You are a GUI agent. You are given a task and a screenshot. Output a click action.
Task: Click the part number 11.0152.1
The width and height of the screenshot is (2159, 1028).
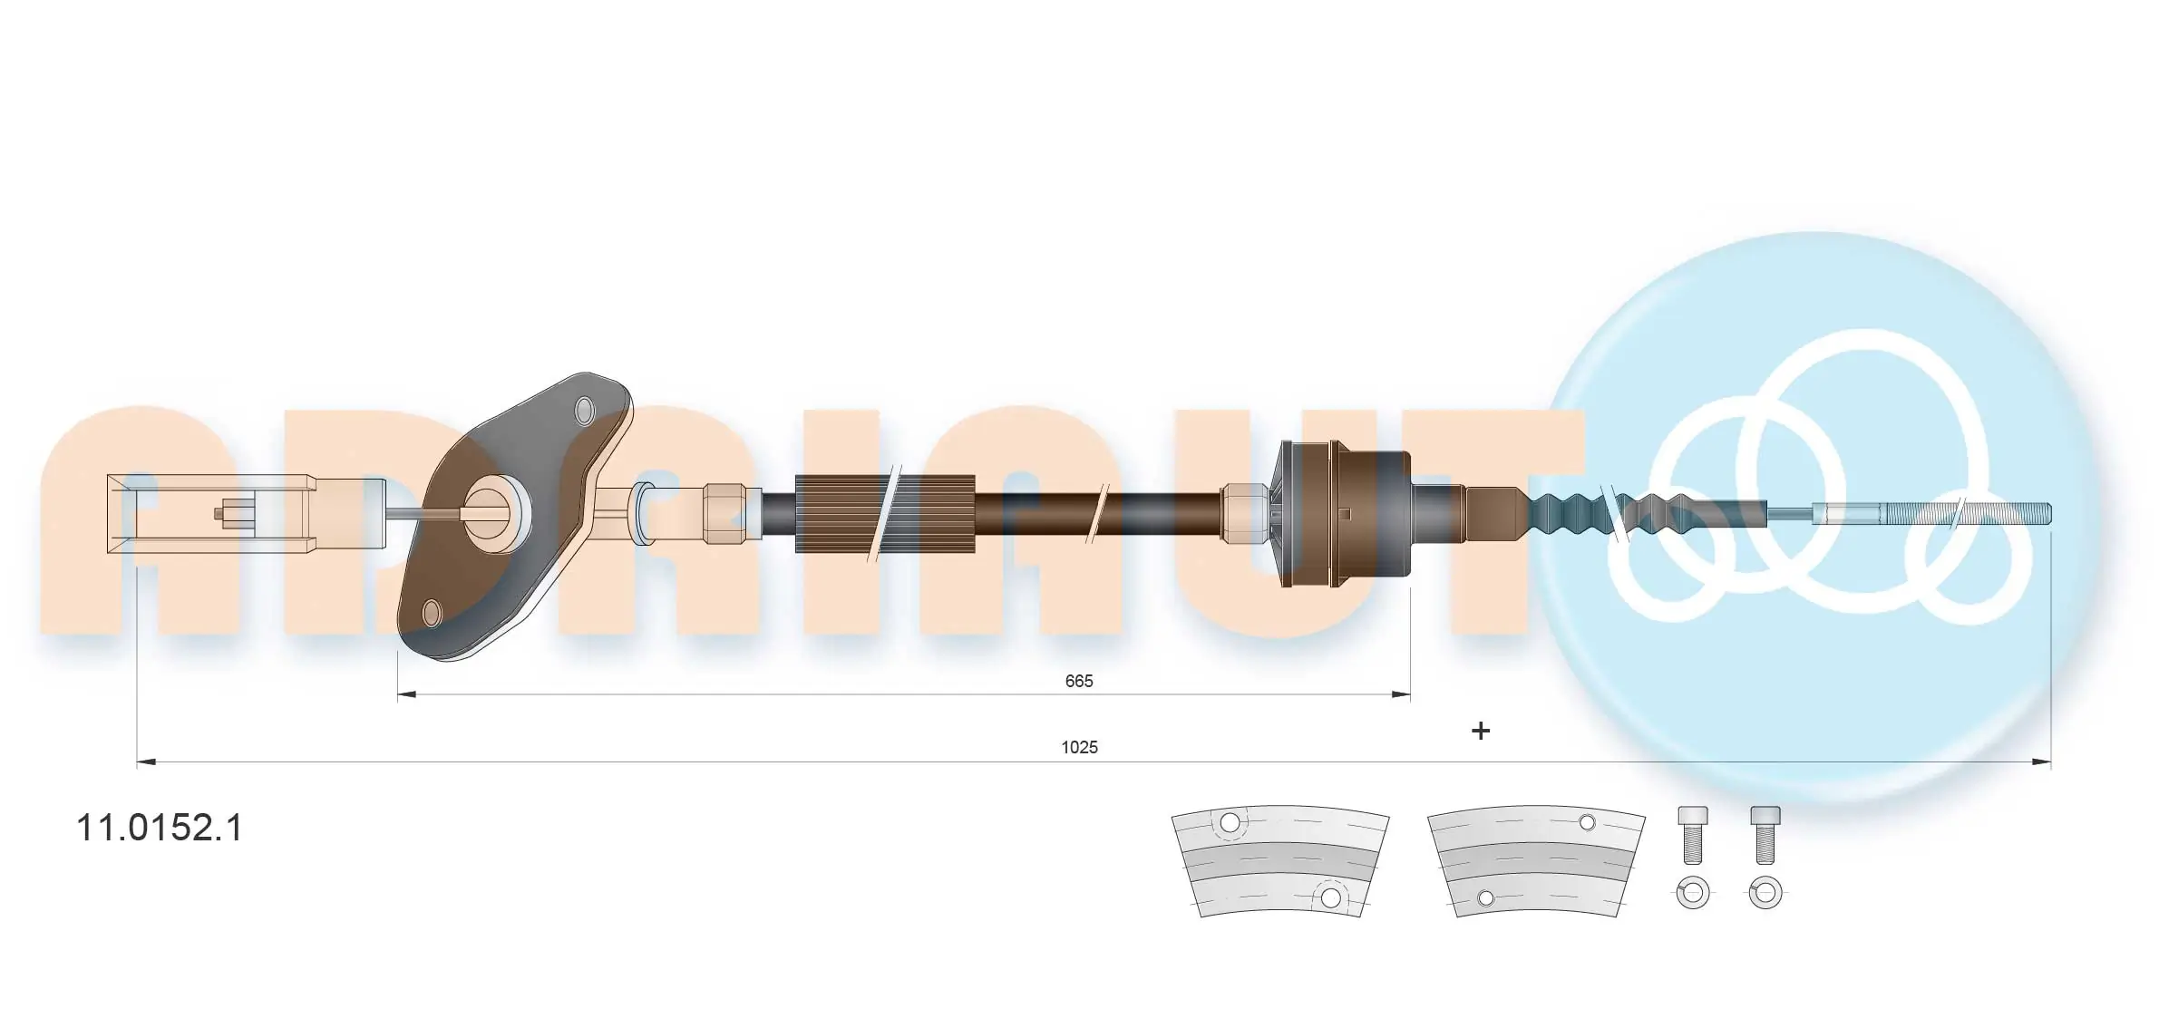(160, 828)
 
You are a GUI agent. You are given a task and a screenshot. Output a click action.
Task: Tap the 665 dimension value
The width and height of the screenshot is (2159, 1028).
(1079, 681)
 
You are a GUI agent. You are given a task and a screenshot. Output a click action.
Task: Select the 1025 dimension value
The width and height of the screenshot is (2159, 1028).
(1079, 747)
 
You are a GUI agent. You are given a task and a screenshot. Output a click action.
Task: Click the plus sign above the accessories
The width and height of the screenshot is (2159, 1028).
(1481, 731)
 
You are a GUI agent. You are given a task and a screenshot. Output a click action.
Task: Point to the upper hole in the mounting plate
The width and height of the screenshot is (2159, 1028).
(585, 409)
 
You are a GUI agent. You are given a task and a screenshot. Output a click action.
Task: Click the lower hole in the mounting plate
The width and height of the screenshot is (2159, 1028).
(433, 614)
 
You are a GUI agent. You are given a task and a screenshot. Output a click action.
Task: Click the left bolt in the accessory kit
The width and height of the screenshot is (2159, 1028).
(1692, 835)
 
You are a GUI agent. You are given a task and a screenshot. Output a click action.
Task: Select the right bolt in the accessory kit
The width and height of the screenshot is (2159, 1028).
(1765, 835)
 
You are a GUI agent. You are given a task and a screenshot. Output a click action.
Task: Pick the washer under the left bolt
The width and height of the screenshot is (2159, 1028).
(1693, 894)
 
